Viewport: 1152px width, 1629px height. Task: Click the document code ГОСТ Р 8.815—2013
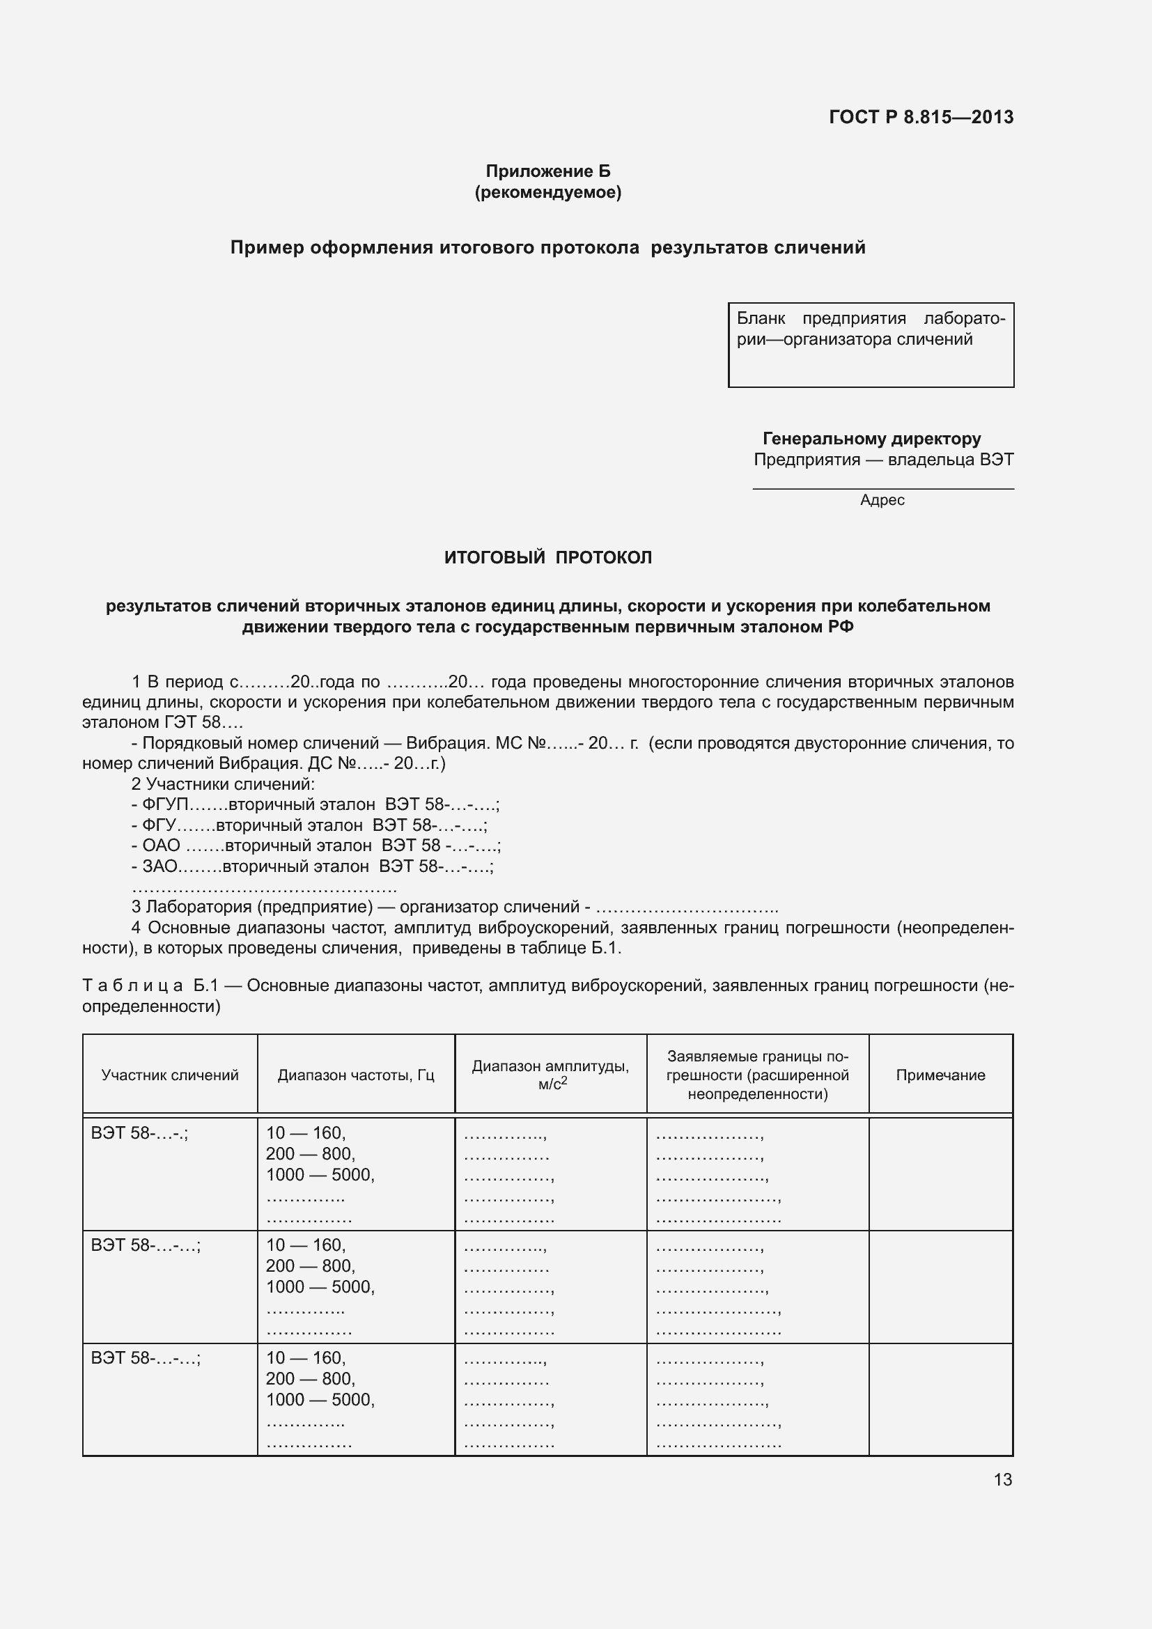(x=921, y=117)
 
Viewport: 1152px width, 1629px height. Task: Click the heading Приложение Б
(x=547, y=171)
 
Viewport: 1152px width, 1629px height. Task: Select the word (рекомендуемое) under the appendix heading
(x=547, y=192)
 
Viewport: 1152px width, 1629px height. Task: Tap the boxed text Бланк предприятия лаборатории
(x=871, y=329)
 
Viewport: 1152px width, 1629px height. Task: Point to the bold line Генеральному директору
(x=872, y=439)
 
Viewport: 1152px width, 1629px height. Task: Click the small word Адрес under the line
(x=882, y=500)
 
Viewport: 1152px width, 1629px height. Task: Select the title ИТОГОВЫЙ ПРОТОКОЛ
(x=547, y=558)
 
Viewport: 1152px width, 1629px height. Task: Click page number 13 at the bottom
(x=1002, y=1479)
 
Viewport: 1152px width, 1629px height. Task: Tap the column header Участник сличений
(x=169, y=1075)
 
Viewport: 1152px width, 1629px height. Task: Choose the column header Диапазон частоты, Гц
(x=355, y=1075)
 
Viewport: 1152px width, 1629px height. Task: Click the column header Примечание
(x=940, y=1075)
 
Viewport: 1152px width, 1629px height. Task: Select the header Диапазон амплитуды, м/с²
(x=550, y=1075)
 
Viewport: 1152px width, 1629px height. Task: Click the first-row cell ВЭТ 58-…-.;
(x=140, y=1133)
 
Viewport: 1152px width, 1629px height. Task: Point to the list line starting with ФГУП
(x=316, y=804)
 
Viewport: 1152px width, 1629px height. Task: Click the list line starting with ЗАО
(x=312, y=866)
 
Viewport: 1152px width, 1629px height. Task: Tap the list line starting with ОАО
(x=316, y=845)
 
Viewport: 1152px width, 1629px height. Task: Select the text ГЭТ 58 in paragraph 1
(x=192, y=722)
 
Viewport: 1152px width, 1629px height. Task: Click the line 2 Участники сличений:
(x=223, y=784)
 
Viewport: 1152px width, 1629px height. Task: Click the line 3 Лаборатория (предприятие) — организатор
(x=454, y=907)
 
